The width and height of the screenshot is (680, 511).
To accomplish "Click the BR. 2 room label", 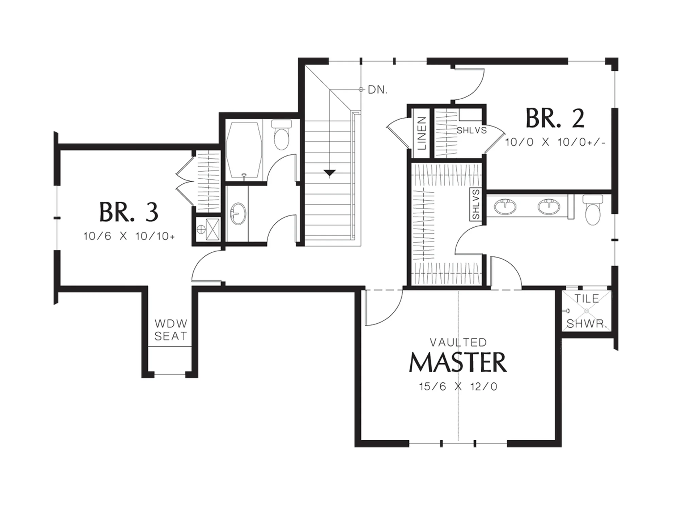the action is (x=555, y=118).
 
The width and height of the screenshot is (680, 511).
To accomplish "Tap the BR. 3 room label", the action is (x=129, y=212).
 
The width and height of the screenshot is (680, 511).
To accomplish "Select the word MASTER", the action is (x=458, y=362).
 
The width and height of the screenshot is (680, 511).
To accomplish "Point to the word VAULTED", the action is (x=458, y=342).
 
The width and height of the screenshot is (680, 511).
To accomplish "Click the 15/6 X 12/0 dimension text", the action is (x=458, y=386).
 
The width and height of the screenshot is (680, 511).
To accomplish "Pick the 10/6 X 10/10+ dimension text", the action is (x=129, y=236).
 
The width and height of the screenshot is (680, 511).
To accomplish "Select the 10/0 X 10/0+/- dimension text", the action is (x=555, y=142).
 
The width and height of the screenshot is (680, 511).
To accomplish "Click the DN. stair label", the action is (x=377, y=90).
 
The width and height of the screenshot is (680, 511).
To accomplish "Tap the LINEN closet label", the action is (x=422, y=133).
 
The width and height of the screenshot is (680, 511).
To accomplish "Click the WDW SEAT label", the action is (x=171, y=330).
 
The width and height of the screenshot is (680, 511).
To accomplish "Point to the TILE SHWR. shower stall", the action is (x=586, y=311).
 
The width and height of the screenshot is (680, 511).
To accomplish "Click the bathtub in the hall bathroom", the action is (x=244, y=150).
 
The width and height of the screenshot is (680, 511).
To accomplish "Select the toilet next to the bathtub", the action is (x=281, y=135).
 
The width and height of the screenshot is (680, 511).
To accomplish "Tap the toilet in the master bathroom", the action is (x=593, y=210).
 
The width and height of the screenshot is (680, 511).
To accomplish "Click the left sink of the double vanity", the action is (x=505, y=207).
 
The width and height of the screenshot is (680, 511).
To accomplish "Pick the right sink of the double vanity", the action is (x=548, y=207).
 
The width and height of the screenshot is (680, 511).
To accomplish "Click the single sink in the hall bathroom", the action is (x=238, y=214).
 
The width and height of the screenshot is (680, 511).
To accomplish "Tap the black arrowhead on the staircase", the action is (x=329, y=173).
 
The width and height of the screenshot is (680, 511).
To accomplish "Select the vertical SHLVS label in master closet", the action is (x=476, y=204).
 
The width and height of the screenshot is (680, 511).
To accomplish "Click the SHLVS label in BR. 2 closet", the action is (x=472, y=130).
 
